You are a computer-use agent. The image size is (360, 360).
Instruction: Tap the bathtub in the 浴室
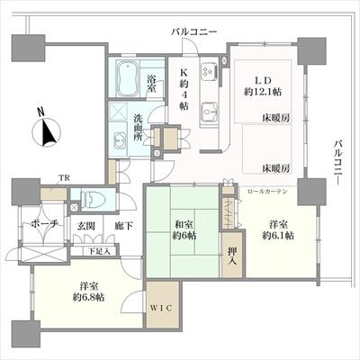[x=130, y=82]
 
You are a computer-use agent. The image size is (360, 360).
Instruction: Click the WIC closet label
[x=162, y=309]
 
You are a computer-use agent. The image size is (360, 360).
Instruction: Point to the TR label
[x=64, y=177]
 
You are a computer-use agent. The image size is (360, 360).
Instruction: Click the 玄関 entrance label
[x=85, y=226]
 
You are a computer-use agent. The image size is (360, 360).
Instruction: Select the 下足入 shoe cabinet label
[x=98, y=252]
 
